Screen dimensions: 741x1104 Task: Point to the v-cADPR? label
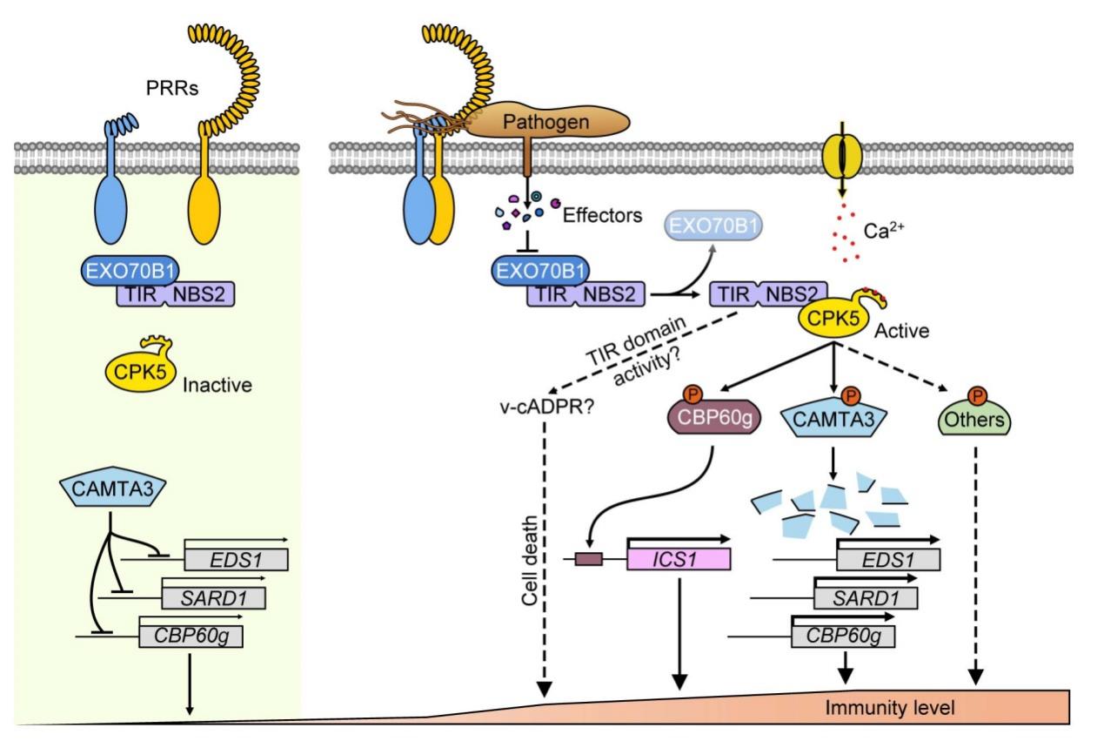(x=527, y=403)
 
